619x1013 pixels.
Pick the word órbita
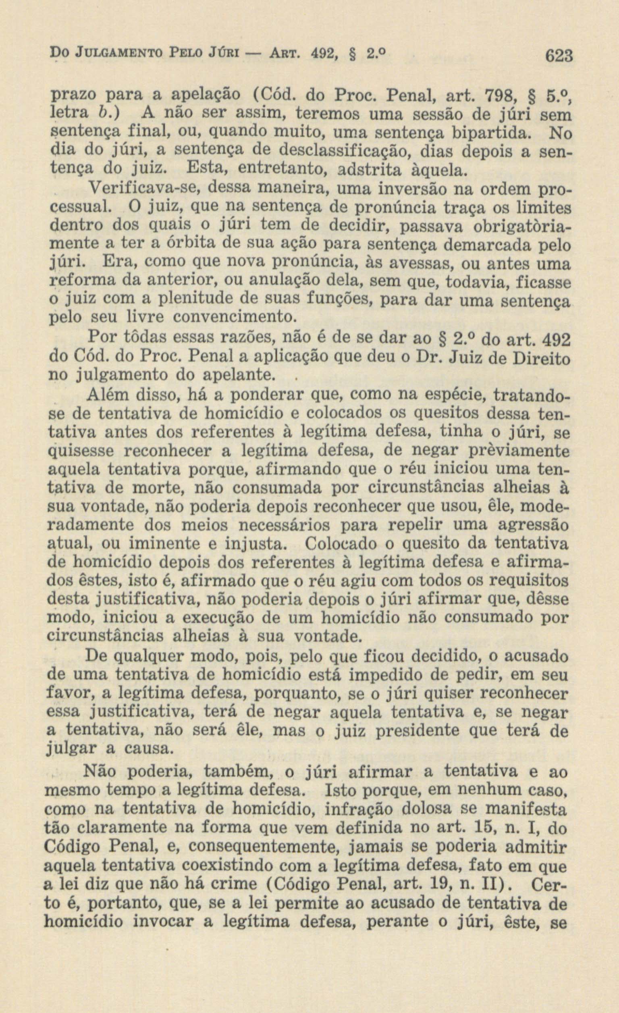click(x=192, y=245)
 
